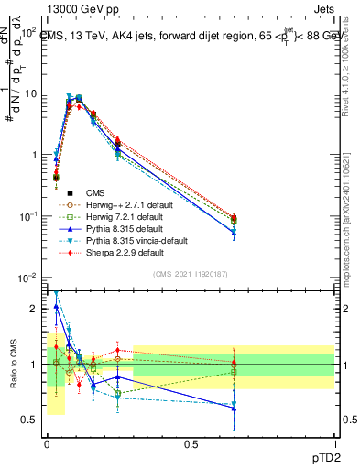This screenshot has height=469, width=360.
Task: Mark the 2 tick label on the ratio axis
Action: (x=35, y=309)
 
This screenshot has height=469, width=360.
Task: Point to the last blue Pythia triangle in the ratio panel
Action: (x=234, y=409)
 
